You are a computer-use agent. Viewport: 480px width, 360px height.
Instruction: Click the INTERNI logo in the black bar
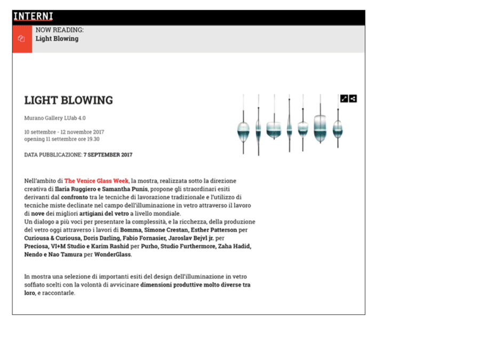pos(33,17)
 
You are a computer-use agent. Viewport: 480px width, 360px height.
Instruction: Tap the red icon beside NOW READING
pos(22,39)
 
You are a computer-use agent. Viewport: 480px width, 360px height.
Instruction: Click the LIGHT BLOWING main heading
pos(68,100)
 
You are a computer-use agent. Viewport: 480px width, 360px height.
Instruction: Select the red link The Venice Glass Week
pos(97,181)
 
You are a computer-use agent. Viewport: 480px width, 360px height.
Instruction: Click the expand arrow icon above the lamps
pos(344,99)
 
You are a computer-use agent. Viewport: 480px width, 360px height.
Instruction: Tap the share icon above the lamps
pos(353,99)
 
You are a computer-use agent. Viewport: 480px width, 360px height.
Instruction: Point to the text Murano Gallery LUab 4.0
pos(55,118)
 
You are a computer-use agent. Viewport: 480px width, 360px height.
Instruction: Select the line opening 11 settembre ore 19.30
pos(62,139)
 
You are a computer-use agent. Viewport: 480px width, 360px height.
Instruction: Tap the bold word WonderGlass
pos(113,254)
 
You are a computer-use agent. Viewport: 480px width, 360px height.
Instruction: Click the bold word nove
pos(38,213)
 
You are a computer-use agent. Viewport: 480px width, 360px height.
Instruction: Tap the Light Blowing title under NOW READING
pos(57,38)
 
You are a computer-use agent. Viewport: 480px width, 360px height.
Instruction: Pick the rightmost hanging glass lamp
pos(338,128)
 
